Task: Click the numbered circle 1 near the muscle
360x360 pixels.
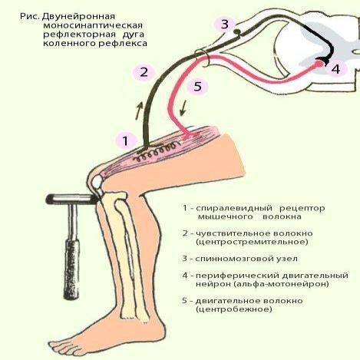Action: pos(125,141)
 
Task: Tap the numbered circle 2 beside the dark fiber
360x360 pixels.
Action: pos(144,72)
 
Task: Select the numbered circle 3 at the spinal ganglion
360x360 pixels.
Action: pos(224,25)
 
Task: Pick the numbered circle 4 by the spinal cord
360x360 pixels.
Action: pos(335,69)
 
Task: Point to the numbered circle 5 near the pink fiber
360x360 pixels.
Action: pos(197,86)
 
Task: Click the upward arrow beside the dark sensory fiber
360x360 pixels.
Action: pos(139,111)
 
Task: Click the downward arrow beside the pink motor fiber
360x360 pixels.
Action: pos(183,108)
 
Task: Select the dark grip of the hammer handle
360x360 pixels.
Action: pos(72,269)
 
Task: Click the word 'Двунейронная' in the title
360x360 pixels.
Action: pos(78,17)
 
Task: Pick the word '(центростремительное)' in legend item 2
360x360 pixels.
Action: pos(252,242)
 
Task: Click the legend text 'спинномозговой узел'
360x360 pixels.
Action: pos(246,259)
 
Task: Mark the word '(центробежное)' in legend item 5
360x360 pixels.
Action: pos(233,309)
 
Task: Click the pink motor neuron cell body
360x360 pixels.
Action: pos(319,64)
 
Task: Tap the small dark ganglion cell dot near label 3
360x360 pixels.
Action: pos(238,31)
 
